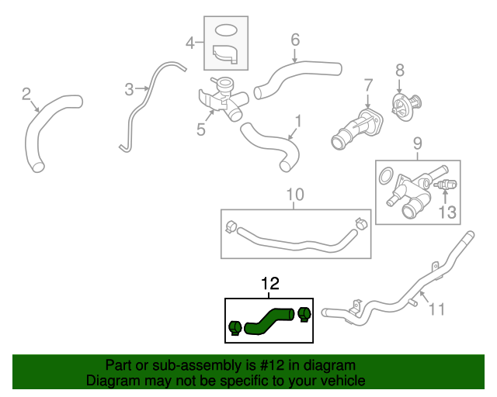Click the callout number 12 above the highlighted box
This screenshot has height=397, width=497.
[x=269, y=285]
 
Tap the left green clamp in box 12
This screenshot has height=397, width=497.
[x=235, y=328]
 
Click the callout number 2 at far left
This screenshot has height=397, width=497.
[x=26, y=94]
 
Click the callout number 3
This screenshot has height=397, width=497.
[x=129, y=89]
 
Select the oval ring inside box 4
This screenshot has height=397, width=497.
[x=224, y=30]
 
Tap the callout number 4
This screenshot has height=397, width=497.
[x=190, y=43]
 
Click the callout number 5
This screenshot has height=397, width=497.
[x=200, y=129]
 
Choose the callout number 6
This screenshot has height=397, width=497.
[x=294, y=38]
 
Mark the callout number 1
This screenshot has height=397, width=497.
[x=297, y=120]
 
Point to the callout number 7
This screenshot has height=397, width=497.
[x=368, y=84]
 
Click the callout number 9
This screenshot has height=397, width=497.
[x=416, y=143]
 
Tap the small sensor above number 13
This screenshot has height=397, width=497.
[x=446, y=186]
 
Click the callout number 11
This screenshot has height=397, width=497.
[x=437, y=309]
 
